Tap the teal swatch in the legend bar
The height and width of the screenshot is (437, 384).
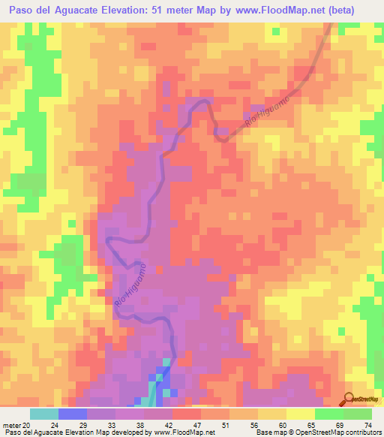pyautogui.click(x=44, y=414)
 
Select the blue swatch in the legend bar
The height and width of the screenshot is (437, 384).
pyautogui.click(x=73, y=414)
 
